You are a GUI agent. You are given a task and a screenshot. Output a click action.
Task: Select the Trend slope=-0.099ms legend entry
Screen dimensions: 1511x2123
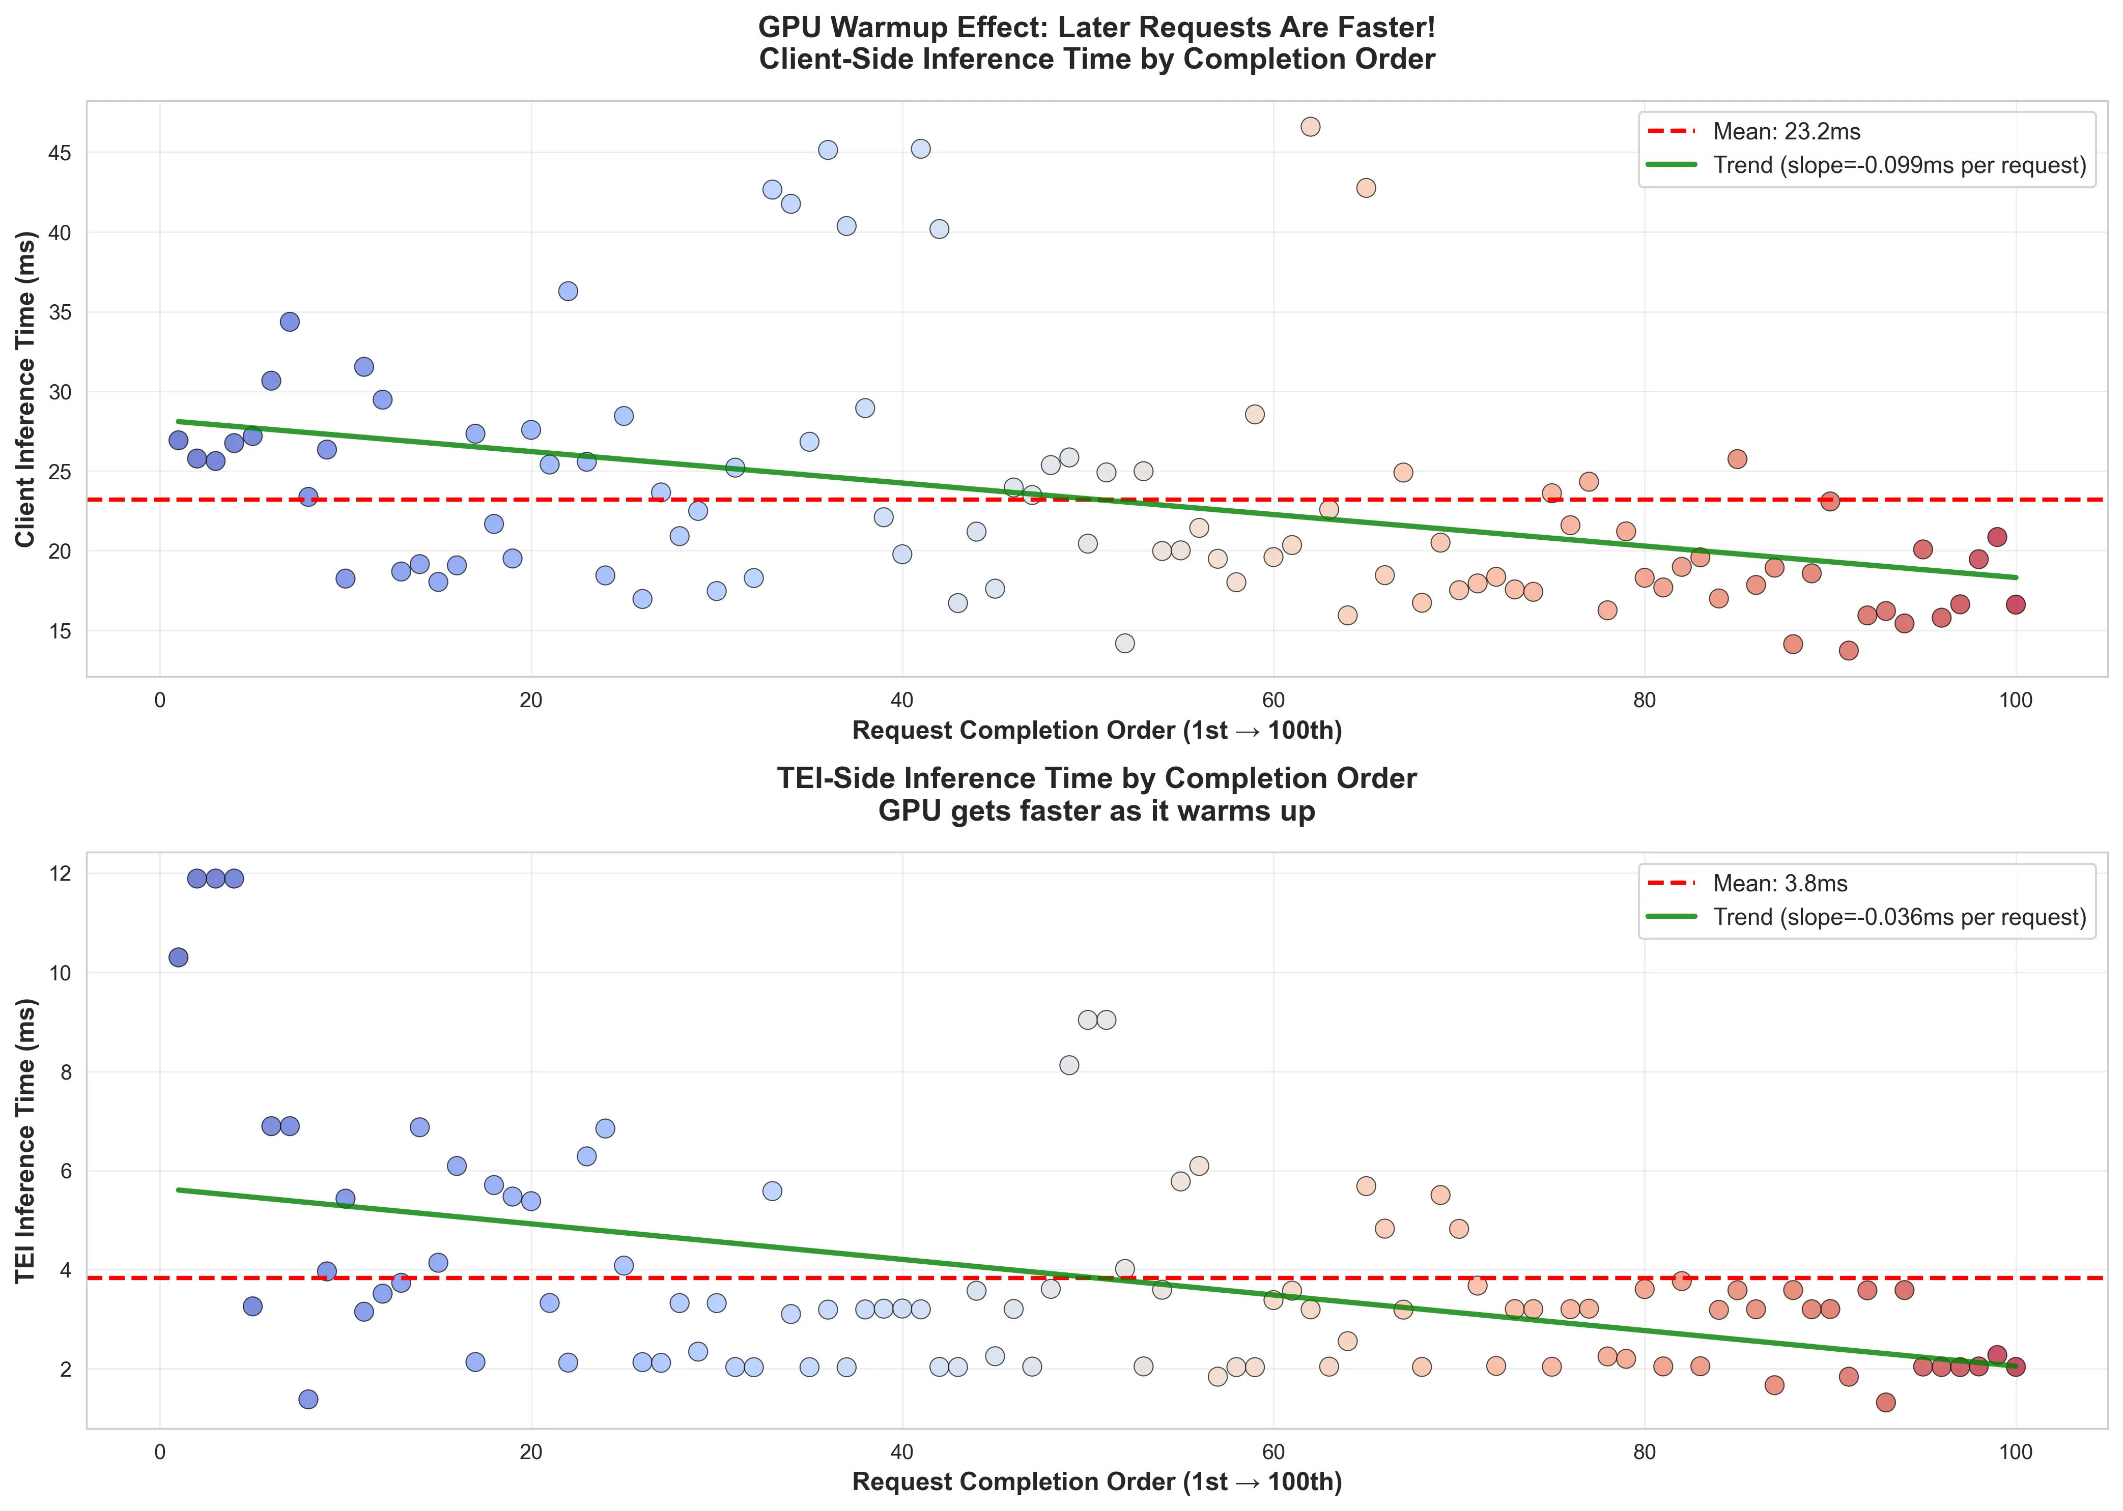pos(1899,166)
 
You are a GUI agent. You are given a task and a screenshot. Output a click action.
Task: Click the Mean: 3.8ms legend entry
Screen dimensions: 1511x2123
pos(1779,883)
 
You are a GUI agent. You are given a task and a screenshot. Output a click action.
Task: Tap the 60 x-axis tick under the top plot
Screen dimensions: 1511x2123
pos(1272,700)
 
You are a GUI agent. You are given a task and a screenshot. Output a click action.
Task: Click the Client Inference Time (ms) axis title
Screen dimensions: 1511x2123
pos(26,389)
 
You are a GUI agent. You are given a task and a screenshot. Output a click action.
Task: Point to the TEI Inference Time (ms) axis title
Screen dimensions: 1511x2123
pos(26,1141)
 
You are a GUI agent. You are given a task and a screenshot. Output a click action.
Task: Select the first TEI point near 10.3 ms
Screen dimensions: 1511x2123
pos(179,957)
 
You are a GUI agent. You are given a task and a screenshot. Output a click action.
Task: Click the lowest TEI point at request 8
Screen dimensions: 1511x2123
pos(308,1400)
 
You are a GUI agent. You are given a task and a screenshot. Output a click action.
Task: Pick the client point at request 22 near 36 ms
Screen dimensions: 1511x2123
pos(568,291)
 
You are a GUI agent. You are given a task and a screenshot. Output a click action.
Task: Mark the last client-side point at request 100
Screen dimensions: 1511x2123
pos(2015,605)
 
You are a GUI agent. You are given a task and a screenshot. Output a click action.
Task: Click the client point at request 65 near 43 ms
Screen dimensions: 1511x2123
pos(1366,188)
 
